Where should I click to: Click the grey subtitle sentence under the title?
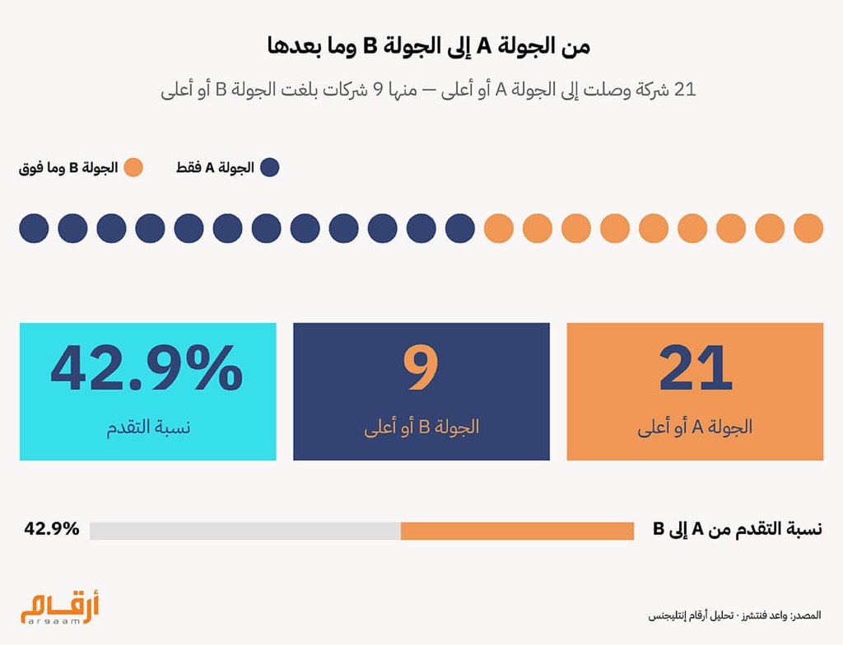click(x=428, y=89)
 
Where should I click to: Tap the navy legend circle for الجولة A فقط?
click(x=269, y=168)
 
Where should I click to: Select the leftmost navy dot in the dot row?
click(x=34, y=228)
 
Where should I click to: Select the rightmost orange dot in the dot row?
click(x=808, y=228)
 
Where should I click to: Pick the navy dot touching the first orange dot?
click(x=460, y=228)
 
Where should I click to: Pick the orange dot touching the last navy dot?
click(x=499, y=228)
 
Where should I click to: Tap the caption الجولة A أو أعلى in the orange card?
click(x=695, y=428)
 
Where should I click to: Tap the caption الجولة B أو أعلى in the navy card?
click(x=421, y=428)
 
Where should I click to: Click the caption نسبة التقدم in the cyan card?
click(x=147, y=428)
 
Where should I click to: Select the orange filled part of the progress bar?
click(x=517, y=531)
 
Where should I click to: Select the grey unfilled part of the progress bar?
click(x=245, y=531)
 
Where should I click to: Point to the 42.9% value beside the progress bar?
click(x=52, y=529)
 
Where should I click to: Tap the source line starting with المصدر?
click(x=736, y=615)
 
